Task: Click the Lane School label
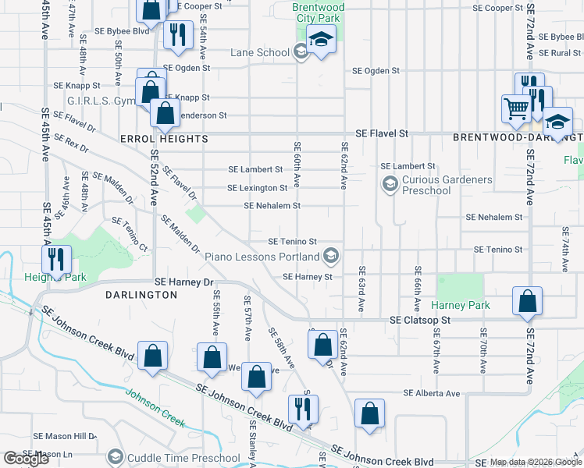pyautogui.click(x=260, y=53)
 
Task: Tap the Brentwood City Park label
pyautogui.click(x=317, y=12)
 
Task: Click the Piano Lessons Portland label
pyautogui.click(x=262, y=256)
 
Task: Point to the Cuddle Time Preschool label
pyautogui.click(x=183, y=458)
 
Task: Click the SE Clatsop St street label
pyautogui.click(x=422, y=320)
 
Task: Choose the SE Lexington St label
pyautogui.click(x=257, y=188)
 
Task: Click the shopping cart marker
pyautogui.click(x=516, y=108)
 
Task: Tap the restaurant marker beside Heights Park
pyautogui.click(x=57, y=259)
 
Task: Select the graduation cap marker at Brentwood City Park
pyautogui.click(x=321, y=39)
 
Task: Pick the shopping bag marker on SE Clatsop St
pyautogui.click(x=528, y=301)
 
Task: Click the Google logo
pyautogui.click(x=26, y=459)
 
